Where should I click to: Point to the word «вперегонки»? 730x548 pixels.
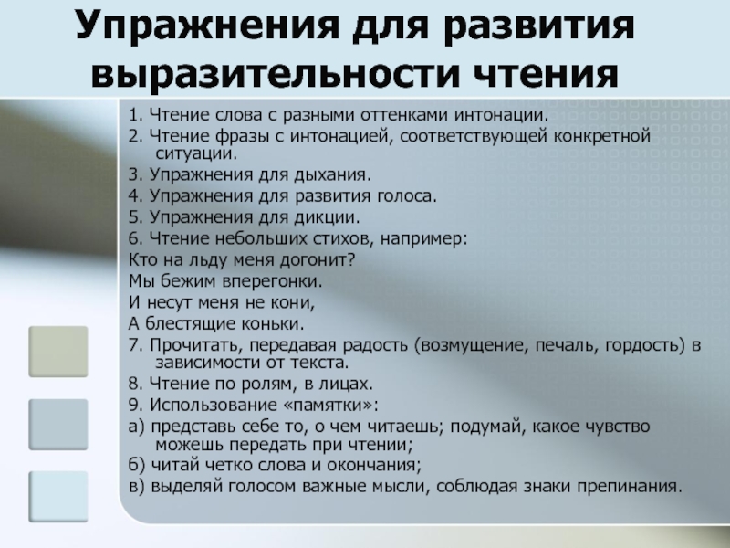tap(272, 281)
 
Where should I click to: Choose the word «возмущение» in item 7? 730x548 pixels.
tap(471, 346)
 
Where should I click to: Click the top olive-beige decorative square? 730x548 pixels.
tap(58, 352)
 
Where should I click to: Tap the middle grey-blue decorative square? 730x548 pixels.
tap(58, 424)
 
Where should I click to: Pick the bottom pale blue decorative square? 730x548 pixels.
tap(58, 496)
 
